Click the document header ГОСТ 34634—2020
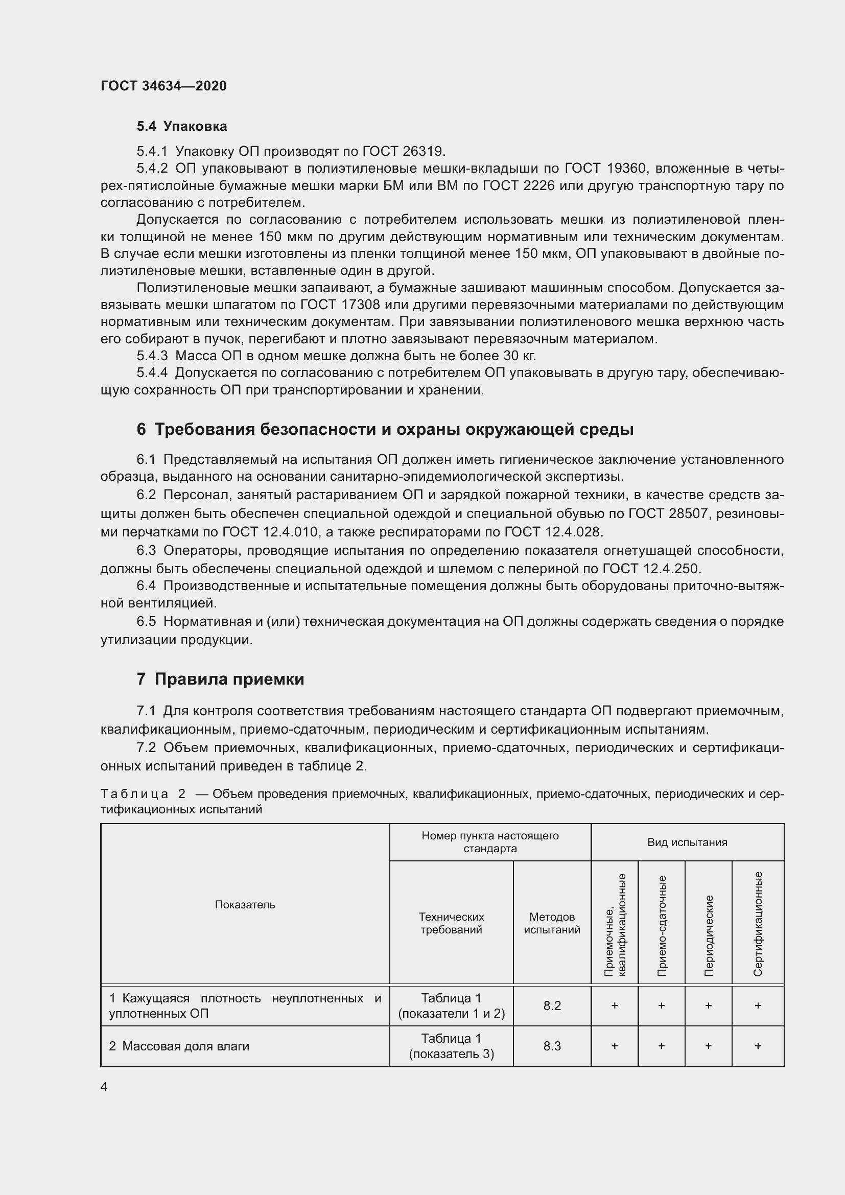[x=163, y=86]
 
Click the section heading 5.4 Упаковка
[x=181, y=127]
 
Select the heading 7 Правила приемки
[x=220, y=679]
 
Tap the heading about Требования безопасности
[x=385, y=429]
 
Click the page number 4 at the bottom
[x=104, y=1087]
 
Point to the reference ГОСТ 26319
[x=403, y=151]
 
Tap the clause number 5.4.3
[x=152, y=356]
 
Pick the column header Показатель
[x=245, y=905]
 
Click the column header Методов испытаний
[x=552, y=923]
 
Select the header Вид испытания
[x=687, y=842]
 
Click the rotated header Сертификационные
[x=758, y=924]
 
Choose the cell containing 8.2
[x=552, y=1006]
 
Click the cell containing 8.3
[x=552, y=1046]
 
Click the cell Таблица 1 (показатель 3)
[x=451, y=1046]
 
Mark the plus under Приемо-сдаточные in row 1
[x=661, y=1006]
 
